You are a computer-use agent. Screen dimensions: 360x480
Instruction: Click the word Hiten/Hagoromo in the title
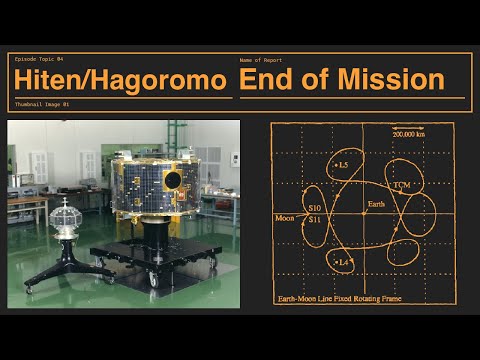(120, 81)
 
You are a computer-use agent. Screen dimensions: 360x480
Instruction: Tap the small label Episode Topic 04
(42, 60)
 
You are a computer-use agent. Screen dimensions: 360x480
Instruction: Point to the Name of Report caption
(261, 60)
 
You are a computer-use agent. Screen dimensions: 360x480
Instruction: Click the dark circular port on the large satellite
(173, 181)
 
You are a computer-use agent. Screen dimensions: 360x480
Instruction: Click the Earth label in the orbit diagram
(375, 204)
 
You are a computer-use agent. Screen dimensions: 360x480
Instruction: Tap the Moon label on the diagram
(285, 216)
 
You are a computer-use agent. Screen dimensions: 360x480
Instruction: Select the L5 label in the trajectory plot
(342, 165)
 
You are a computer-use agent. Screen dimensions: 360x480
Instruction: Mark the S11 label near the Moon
(314, 218)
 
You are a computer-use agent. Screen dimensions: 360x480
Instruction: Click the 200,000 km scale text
(409, 135)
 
